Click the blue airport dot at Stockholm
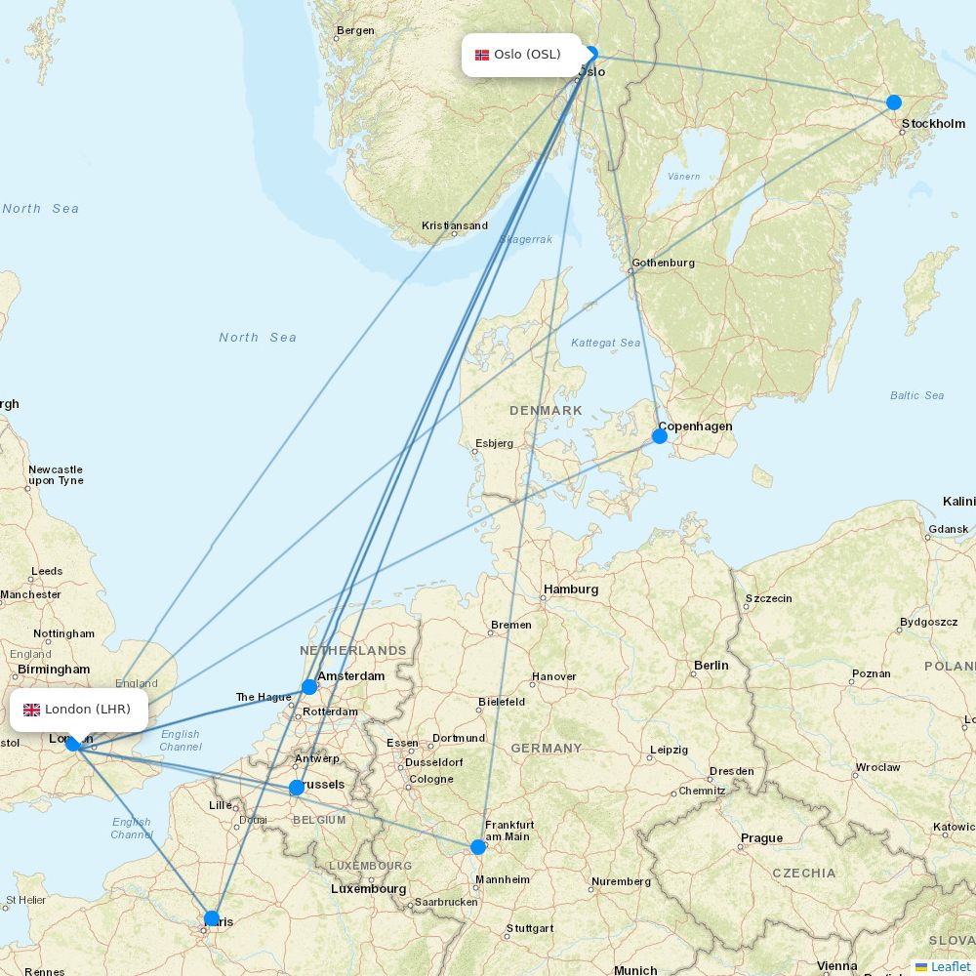[x=893, y=102]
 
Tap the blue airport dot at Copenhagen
[x=660, y=436]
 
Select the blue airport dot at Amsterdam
[x=309, y=687]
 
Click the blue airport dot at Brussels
[x=296, y=788]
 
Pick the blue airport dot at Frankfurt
[x=478, y=847]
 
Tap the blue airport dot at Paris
[x=212, y=918]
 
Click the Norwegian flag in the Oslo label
[x=482, y=55]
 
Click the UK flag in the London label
[x=31, y=710]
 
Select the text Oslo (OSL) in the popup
[x=527, y=55]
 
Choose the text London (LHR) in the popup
[x=88, y=710]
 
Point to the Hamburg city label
[x=571, y=590]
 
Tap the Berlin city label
[x=711, y=666]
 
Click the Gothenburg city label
[x=663, y=263]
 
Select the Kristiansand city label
[x=455, y=225]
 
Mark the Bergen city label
[x=355, y=30]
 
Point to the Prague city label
[x=761, y=837]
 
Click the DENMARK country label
[x=546, y=411]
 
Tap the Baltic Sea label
[x=916, y=395]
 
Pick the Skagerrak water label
[x=526, y=239]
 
